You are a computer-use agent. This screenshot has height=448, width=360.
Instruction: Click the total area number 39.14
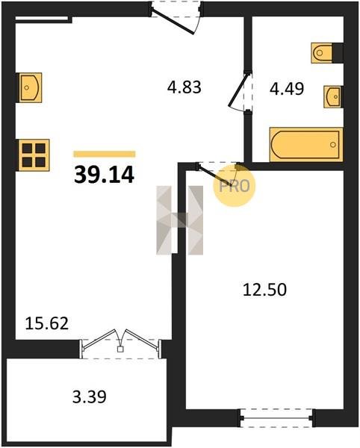click(104, 175)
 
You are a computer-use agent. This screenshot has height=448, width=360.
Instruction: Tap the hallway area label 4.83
click(184, 87)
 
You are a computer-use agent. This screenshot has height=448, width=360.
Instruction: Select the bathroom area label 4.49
click(287, 89)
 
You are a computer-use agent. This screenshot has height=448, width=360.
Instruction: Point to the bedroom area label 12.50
click(264, 290)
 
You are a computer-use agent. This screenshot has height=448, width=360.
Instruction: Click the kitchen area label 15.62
click(47, 324)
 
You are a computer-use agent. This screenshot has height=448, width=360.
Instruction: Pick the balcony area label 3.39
click(90, 397)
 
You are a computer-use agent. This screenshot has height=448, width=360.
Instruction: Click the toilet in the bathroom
click(322, 53)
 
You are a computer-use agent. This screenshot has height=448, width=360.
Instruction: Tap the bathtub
click(306, 145)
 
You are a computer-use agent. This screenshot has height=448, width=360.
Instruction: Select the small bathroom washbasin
click(332, 97)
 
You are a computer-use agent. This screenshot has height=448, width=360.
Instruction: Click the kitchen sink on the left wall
click(31, 87)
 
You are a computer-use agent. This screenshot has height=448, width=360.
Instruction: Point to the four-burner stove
click(34, 155)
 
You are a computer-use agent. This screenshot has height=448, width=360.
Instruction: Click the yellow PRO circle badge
click(235, 186)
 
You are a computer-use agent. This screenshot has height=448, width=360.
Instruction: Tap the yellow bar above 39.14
click(105, 154)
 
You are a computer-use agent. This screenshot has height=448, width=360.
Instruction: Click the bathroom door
click(240, 91)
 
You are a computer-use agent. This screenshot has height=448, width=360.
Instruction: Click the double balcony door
click(120, 343)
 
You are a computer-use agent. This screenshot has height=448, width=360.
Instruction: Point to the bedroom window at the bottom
click(276, 418)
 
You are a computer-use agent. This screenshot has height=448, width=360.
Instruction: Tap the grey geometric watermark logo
click(180, 220)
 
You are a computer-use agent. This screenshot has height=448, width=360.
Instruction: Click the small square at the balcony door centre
click(120, 349)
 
